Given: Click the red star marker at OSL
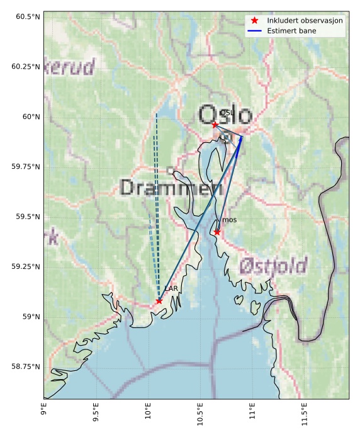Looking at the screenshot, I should pyautogui.click(x=215, y=125).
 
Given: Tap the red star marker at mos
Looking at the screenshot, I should pyautogui.click(x=217, y=232).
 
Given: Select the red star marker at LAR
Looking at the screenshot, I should pyautogui.click(x=159, y=301).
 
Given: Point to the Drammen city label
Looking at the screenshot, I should pyautogui.click(x=171, y=188).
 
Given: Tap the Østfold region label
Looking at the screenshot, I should pyautogui.click(x=273, y=265).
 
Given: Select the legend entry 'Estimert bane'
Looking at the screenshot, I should pyautogui.click(x=291, y=30).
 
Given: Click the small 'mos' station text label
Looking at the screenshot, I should pyautogui.click(x=230, y=220).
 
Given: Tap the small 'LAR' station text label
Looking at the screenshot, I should pyautogui.click(x=171, y=288).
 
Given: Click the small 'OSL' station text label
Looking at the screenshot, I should pyautogui.click(x=227, y=113).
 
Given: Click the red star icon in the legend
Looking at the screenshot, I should pyautogui.click(x=254, y=20).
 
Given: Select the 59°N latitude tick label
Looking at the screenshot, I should pyautogui.click(x=28, y=317).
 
